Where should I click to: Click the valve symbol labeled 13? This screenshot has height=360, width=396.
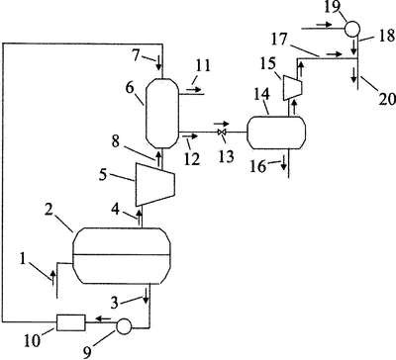222,133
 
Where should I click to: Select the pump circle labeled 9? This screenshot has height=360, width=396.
124,326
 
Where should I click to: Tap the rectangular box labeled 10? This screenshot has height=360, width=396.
71,322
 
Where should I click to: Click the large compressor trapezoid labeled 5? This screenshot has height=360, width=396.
155,185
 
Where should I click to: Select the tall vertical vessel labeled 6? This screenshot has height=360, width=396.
162,113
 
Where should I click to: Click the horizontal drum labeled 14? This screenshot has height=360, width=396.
276,133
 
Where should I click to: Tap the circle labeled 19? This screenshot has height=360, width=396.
352,29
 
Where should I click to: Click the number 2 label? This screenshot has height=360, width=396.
49,210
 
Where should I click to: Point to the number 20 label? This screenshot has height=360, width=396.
386,99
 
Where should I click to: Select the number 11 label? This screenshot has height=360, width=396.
203,65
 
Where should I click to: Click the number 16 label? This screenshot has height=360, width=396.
258,166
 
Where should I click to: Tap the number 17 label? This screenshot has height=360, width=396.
279,40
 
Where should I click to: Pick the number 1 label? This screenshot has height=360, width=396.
23,259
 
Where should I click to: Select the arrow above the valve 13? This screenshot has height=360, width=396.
222,124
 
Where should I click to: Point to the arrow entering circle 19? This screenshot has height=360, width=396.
324,25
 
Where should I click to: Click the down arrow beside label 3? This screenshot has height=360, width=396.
146,299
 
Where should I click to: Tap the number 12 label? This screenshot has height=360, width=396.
192,159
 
